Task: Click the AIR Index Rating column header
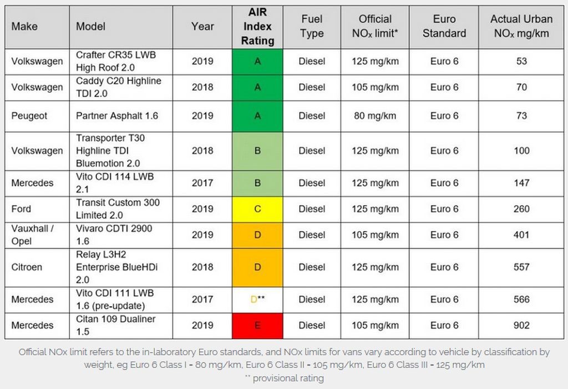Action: coord(257,27)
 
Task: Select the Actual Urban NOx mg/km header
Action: coord(521,26)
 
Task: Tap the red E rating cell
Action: coord(257,326)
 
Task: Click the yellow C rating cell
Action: coord(257,209)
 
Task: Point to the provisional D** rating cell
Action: coord(257,300)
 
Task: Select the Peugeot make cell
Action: coord(29,116)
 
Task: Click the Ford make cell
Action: coord(21,209)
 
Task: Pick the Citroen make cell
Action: coord(27,267)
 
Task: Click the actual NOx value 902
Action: coord(521,326)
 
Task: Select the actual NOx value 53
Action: coord(521,61)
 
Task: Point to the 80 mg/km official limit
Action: coord(374,116)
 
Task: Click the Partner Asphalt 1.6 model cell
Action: coord(117,116)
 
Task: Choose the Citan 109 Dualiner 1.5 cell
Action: coord(116,325)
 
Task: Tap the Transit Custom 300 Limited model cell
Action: coord(118,209)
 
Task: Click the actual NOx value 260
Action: coord(521,209)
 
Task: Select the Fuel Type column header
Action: coord(312,26)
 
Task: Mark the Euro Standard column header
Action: coord(444,26)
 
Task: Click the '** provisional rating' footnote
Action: coord(284,378)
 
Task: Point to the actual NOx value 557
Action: coord(521,267)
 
